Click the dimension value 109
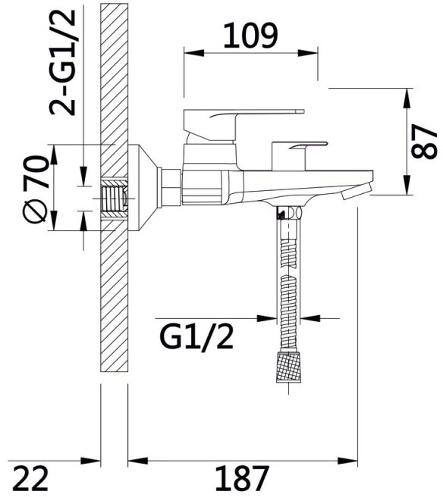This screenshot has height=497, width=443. point(250,36)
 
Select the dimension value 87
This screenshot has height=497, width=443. point(424,142)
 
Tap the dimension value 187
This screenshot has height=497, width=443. point(242,478)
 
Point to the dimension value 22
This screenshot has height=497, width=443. point(31,478)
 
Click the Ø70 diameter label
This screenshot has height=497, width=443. point(36,189)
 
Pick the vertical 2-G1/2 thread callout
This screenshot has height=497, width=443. point(62,62)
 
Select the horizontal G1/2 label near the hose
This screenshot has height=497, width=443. point(196,337)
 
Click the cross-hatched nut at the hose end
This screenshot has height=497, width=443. point(288,367)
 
